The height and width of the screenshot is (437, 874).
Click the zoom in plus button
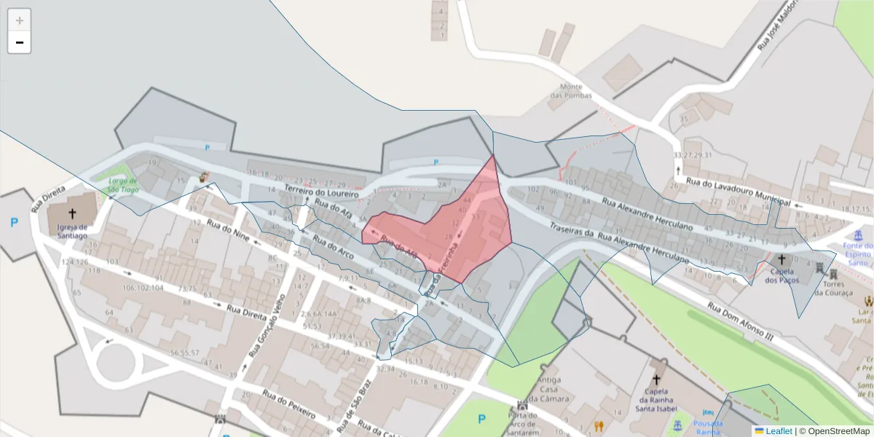20,20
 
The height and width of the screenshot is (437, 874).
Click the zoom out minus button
20,42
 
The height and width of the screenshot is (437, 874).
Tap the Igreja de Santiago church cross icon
71,213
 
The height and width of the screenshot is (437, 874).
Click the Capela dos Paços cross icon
782,259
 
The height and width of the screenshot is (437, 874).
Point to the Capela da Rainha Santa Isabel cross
655,379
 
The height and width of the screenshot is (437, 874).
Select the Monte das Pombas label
571,90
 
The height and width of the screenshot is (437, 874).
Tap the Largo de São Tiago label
123,185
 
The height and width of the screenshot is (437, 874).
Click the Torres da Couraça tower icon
833,273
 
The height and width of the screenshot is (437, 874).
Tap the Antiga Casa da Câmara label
548,389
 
